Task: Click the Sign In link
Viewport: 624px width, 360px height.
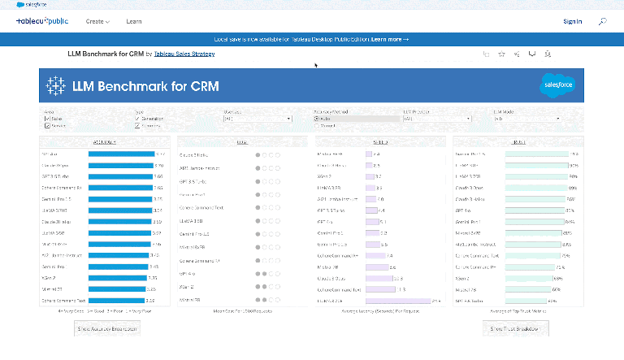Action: (572, 21)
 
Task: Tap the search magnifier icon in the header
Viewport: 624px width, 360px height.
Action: (602, 21)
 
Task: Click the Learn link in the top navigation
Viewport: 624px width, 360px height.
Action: (134, 21)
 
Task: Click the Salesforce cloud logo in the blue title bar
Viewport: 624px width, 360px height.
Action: (557, 85)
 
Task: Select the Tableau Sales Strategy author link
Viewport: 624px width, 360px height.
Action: (182, 54)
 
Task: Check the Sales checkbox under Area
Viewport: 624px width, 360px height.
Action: (47, 119)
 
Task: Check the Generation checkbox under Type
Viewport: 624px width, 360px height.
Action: (137, 119)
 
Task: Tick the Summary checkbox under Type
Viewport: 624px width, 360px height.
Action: (137, 126)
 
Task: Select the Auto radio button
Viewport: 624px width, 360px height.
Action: (317, 119)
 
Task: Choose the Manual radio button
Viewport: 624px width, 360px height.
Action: (317, 126)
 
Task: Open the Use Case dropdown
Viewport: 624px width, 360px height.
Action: (257, 119)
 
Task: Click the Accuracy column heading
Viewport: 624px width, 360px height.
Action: (104, 141)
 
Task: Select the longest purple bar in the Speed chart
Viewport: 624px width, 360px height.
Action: (403, 301)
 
